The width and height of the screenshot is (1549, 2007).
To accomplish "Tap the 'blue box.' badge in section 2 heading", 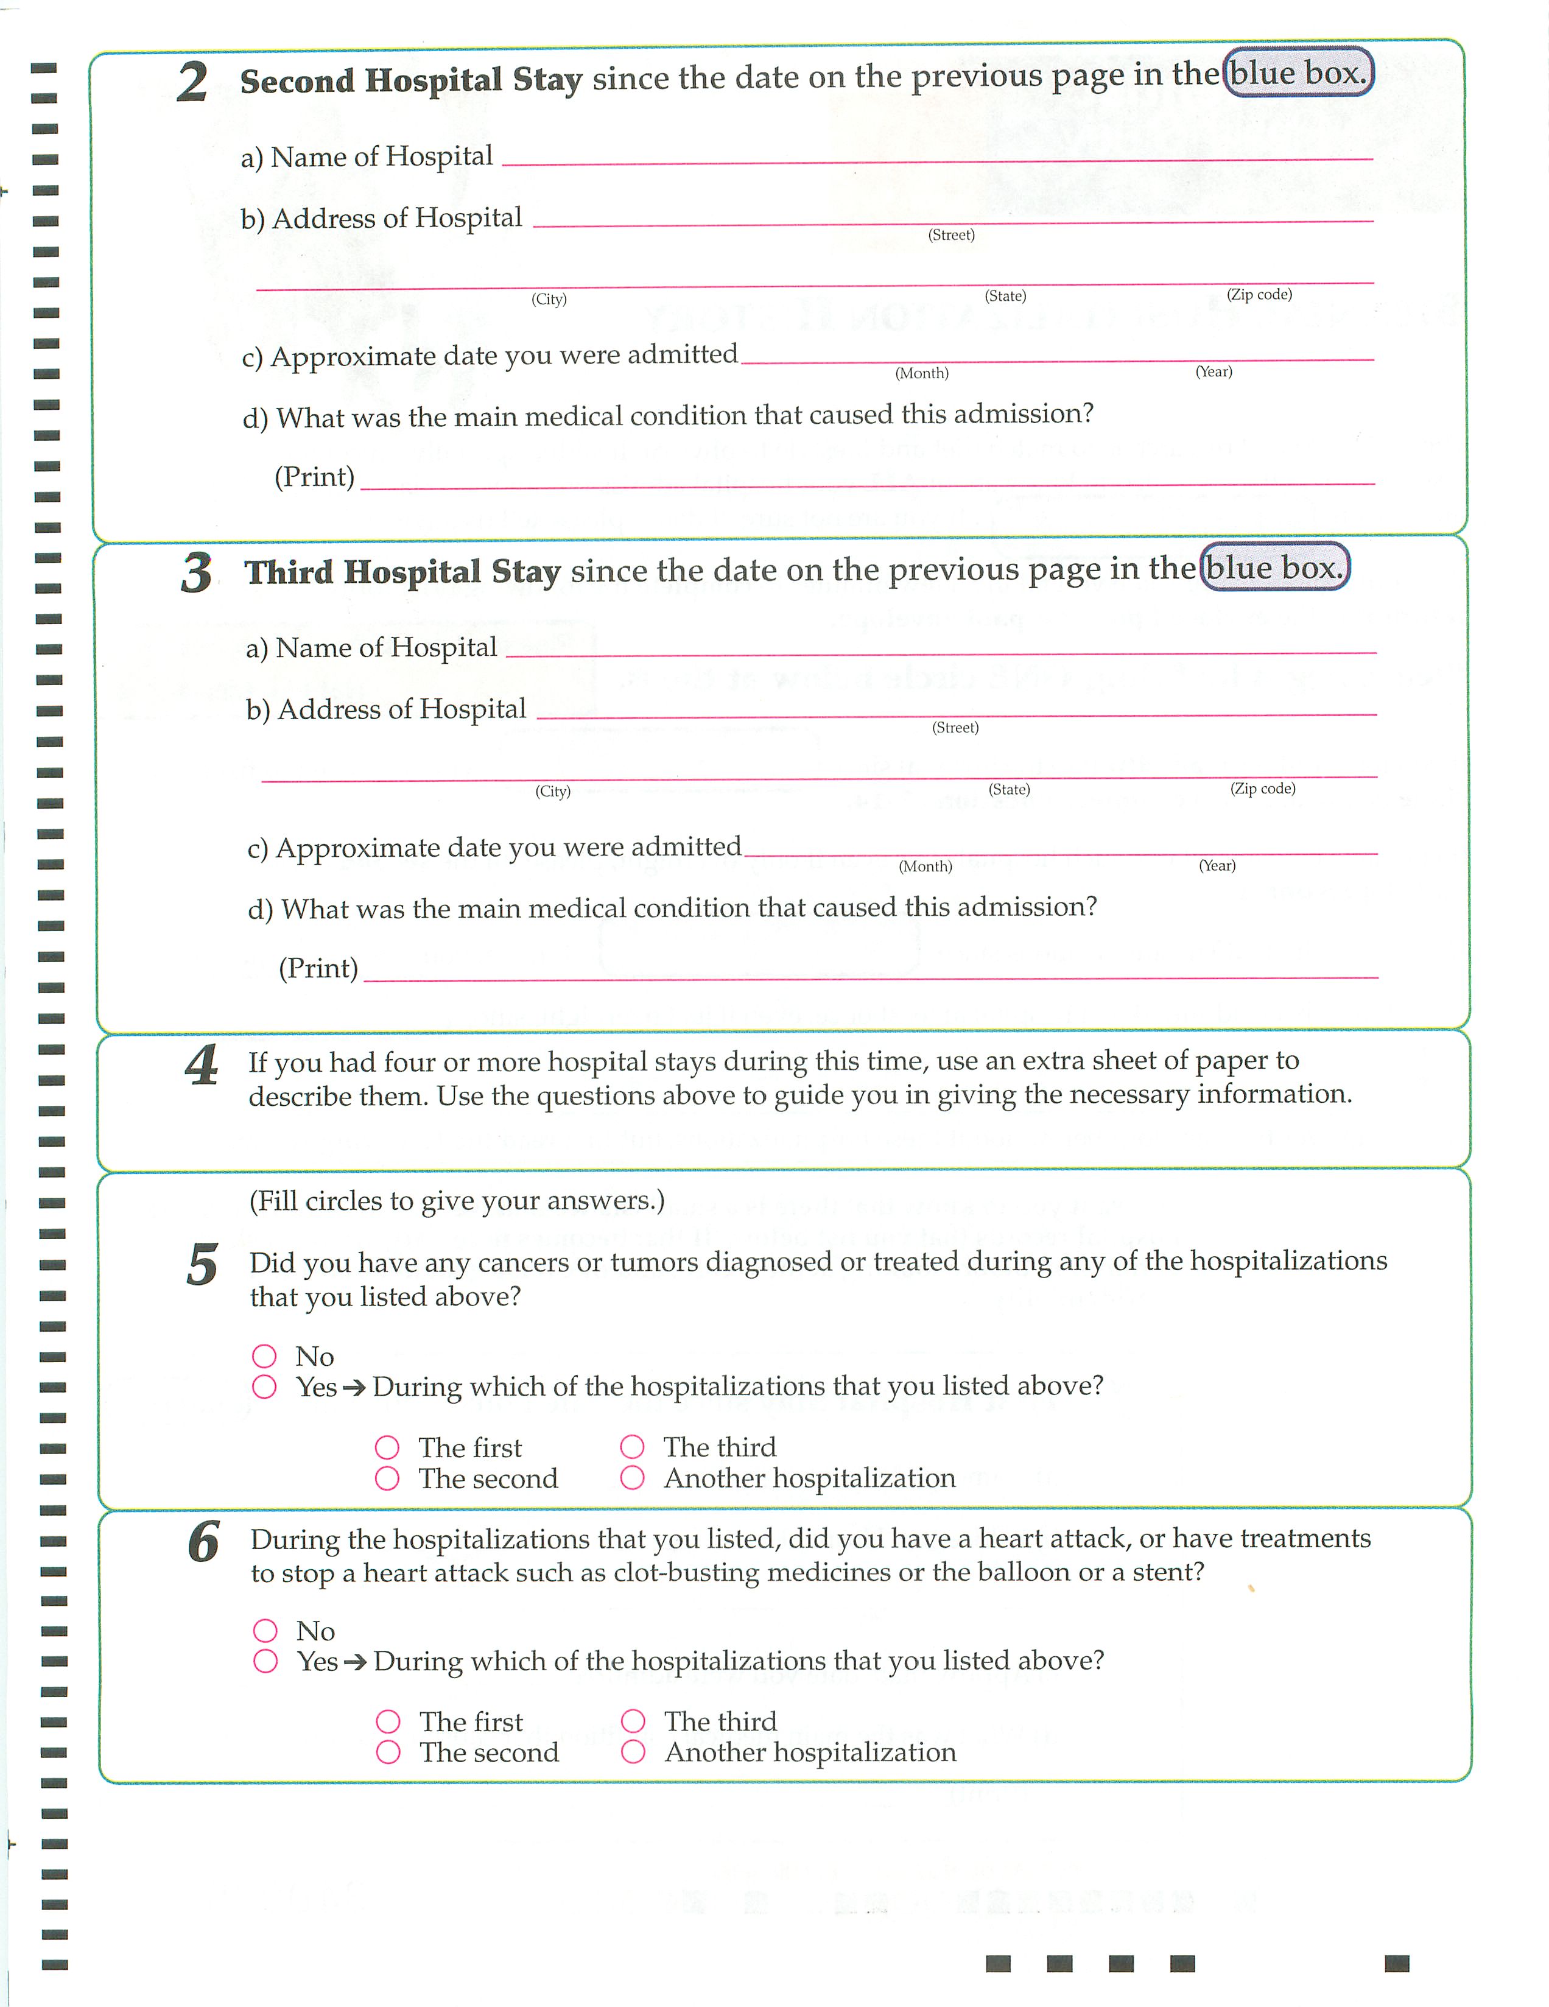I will coord(1298,72).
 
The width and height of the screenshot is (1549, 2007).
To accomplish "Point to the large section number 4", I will coord(201,1066).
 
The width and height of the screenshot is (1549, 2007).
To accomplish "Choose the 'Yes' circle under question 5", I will coord(265,1387).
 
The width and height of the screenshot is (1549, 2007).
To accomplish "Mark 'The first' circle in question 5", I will coord(387,1448).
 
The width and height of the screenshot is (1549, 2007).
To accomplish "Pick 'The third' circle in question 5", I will coord(632,1447).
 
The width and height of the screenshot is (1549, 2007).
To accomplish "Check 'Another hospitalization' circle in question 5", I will coord(632,1478).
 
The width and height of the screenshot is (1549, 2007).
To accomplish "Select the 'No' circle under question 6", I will coord(265,1630).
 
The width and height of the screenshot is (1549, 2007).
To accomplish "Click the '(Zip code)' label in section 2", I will coord(1259,294).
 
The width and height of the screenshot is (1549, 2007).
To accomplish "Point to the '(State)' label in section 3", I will coord(1009,789).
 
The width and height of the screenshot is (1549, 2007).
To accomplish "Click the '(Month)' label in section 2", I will coord(921,373).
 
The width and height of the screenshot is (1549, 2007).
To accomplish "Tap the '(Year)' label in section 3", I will coord(1217,866).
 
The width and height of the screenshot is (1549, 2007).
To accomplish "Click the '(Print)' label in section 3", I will coord(318,968).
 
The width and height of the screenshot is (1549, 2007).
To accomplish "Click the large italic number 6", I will coord(203,1542).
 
